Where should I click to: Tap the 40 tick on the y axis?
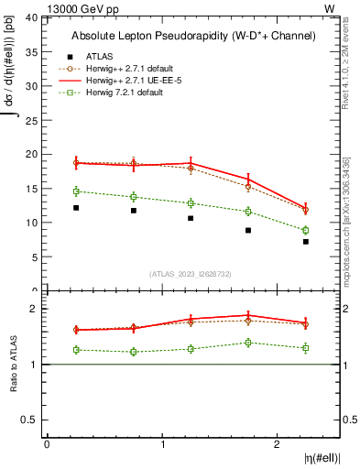31,18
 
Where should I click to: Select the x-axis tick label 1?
162,444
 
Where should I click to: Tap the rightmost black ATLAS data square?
306,242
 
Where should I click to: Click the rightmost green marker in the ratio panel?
306,348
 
